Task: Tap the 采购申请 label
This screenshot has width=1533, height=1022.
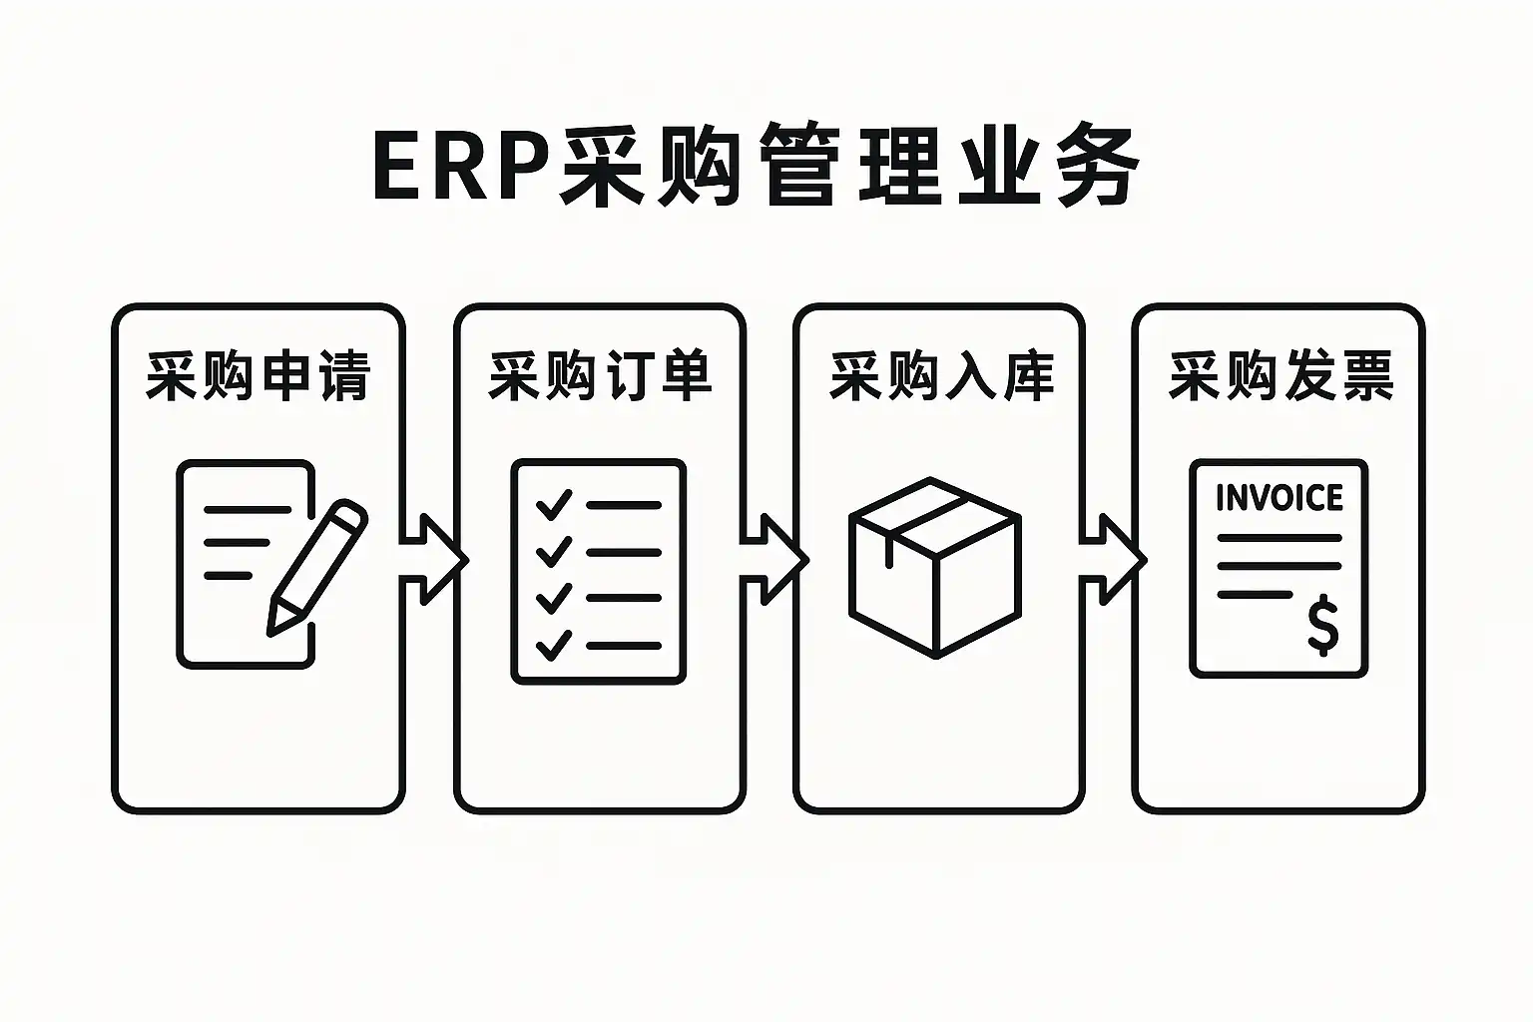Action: [x=258, y=375]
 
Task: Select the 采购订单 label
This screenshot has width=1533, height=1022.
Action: [x=600, y=375]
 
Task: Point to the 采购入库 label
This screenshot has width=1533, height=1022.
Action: [x=941, y=375]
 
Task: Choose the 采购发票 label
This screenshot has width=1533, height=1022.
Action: [x=1280, y=375]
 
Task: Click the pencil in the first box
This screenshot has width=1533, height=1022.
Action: [x=317, y=568]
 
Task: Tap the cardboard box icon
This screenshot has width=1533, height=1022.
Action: [x=935, y=568]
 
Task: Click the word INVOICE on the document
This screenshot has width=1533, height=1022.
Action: [x=1279, y=498]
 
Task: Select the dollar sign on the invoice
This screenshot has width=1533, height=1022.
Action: [x=1322, y=625]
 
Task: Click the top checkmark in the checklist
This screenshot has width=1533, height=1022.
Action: [x=554, y=505]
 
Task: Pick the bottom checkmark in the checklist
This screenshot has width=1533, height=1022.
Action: [x=554, y=645]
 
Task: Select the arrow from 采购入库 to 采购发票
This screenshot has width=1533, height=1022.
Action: [x=1113, y=559]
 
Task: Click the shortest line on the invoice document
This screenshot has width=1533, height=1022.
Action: [x=1255, y=594]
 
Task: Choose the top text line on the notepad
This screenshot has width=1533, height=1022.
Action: [x=248, y=509]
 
